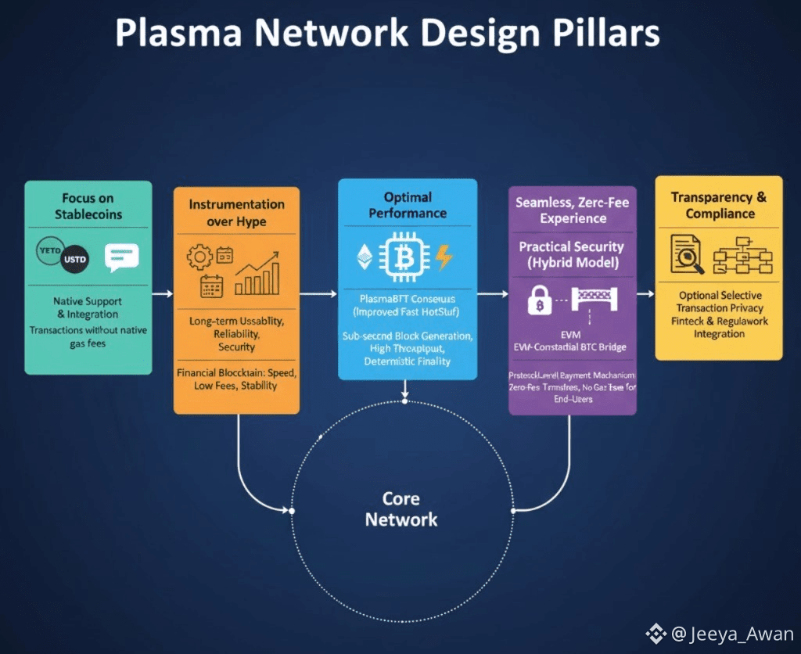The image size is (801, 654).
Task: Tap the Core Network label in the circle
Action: click(401, 508)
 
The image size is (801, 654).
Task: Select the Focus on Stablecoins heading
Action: click(88, 205)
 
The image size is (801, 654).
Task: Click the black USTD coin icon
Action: click(75, 257)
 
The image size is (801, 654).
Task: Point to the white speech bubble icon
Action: click(121, 257)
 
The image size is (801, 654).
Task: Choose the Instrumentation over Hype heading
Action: click(236, 212)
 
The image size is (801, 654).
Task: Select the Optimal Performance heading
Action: click(408, 204)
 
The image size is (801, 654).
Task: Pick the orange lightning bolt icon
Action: click(444, 257)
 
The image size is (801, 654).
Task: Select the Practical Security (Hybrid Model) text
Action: click(572, 253)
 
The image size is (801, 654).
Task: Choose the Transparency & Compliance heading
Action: click(719, 205)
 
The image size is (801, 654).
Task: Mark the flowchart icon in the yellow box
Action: click(743, 255)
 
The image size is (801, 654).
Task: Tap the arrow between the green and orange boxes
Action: click(163, 294)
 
